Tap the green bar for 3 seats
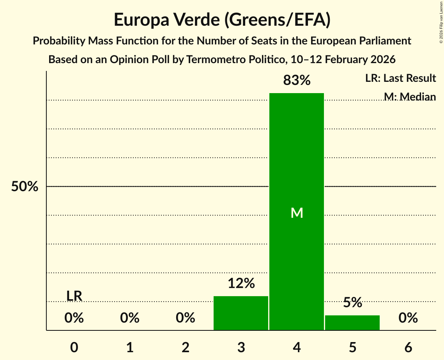click(x=241, y=313)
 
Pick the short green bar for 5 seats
click(x=352, y=323)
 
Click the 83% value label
click(x=297, y=80)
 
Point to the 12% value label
click(x=241, y=283)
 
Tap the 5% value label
click(x=352, y=302)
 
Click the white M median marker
click(x=297, y=213)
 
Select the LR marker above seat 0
click(x=74, y=296)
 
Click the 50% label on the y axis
click(x=25, y=187)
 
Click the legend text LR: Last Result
click(x=400, y=78)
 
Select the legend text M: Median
click(x=410, y=97)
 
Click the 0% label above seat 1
click(x=130, y=318)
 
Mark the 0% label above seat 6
click(x=408, y=318)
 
